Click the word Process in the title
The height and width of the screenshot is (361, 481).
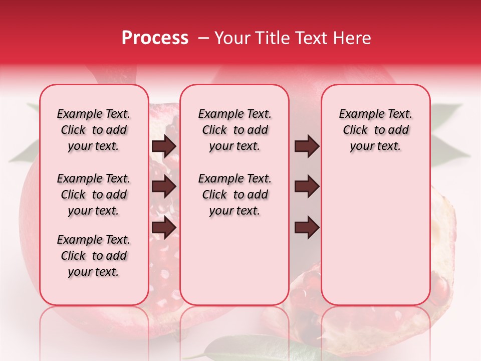[155, 38]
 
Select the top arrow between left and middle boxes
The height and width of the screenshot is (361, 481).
[164, 146]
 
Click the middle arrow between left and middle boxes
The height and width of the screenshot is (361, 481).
[164, 187]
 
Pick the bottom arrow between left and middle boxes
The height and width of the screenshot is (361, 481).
[164, 228]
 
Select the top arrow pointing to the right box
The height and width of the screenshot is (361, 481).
[307, 146]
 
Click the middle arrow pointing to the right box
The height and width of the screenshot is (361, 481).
[307, 187]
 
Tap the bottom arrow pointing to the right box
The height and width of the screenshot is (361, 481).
[307, 228]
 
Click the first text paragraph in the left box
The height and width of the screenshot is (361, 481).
[94, 130]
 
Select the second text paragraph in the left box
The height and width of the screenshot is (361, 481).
[94, 195]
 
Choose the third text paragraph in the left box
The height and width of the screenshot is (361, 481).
[94, 256]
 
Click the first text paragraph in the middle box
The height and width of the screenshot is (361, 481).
[234, 130]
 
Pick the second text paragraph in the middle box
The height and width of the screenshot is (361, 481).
[234, 195]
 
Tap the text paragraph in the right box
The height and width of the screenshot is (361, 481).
[375, 130]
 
